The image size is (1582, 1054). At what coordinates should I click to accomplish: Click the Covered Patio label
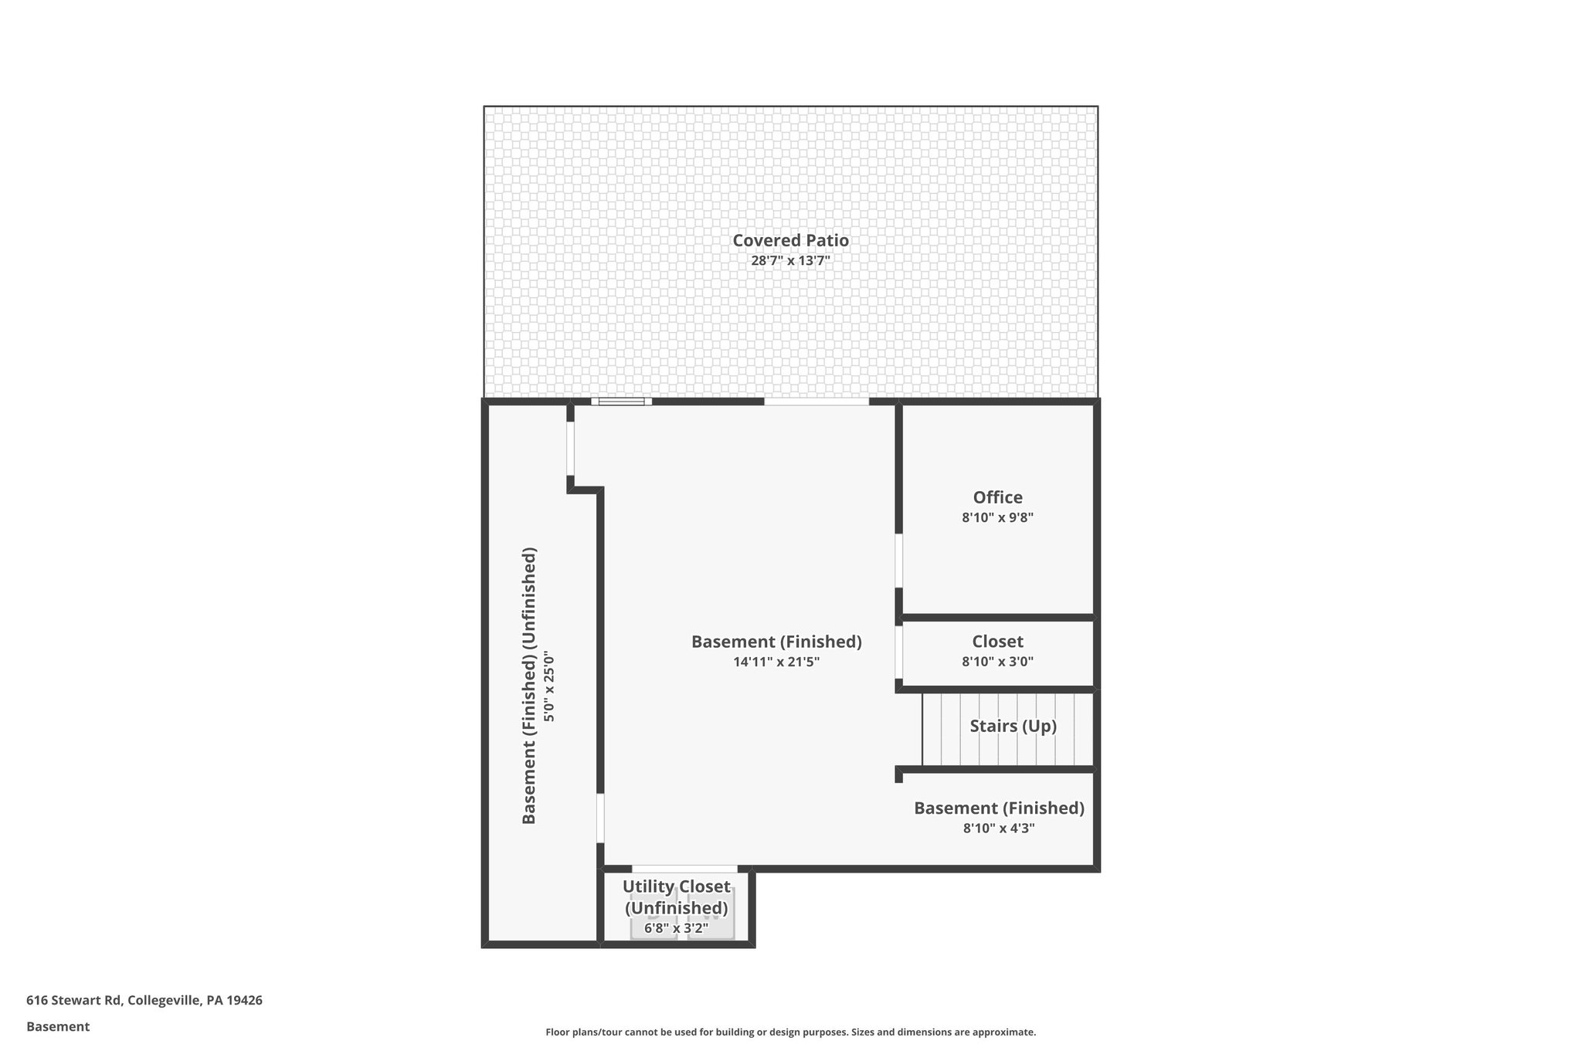[790, 241]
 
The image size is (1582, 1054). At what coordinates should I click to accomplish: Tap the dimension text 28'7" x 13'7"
[790, 261]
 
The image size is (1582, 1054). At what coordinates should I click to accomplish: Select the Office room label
[997, 497]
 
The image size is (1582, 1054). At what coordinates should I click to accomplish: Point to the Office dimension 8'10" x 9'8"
[997, 518]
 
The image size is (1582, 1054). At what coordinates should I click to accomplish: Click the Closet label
[997, 642]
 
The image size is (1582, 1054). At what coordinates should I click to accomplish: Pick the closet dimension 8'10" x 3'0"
[997, 662]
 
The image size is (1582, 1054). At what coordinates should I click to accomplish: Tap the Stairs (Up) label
[1013, 726]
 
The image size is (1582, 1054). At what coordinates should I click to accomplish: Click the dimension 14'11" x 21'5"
[776, 662]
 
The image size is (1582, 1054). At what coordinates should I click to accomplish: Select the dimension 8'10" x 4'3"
[999, 829]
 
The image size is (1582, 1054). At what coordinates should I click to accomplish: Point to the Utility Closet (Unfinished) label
[676, 897]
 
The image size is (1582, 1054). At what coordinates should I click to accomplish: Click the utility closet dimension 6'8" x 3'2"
[676, 928]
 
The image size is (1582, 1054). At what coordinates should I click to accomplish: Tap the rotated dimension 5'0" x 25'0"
[549, 686]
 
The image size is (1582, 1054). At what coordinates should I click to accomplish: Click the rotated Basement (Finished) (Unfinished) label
[529, 686]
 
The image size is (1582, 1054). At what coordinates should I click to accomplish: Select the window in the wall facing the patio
[622, 402]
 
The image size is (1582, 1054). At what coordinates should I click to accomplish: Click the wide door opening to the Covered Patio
[816, 402]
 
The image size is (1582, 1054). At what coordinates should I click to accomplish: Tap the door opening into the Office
[899, 560]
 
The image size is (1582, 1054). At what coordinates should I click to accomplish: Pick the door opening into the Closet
[899, 652]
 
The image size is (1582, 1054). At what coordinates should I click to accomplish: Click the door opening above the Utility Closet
[684, 869]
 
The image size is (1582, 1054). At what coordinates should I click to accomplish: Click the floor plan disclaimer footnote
[790, 1032]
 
